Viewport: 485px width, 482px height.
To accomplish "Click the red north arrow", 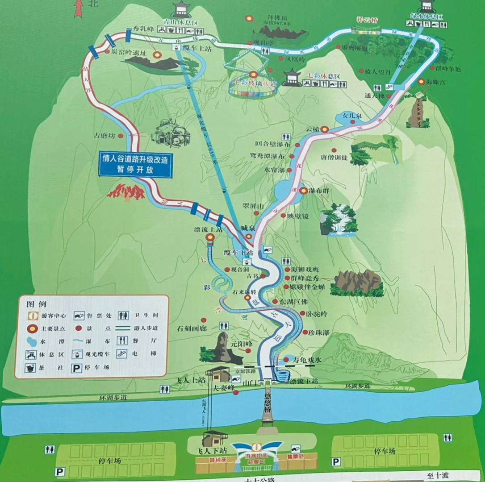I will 79,8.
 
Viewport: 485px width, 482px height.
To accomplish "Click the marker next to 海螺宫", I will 421,82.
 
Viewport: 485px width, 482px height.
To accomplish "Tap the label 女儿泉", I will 351,115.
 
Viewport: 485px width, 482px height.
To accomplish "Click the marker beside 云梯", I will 325,130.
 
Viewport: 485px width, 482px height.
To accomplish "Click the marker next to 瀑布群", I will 304,191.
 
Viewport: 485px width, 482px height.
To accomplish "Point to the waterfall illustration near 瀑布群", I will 339,220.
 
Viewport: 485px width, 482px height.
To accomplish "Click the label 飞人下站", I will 209,449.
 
